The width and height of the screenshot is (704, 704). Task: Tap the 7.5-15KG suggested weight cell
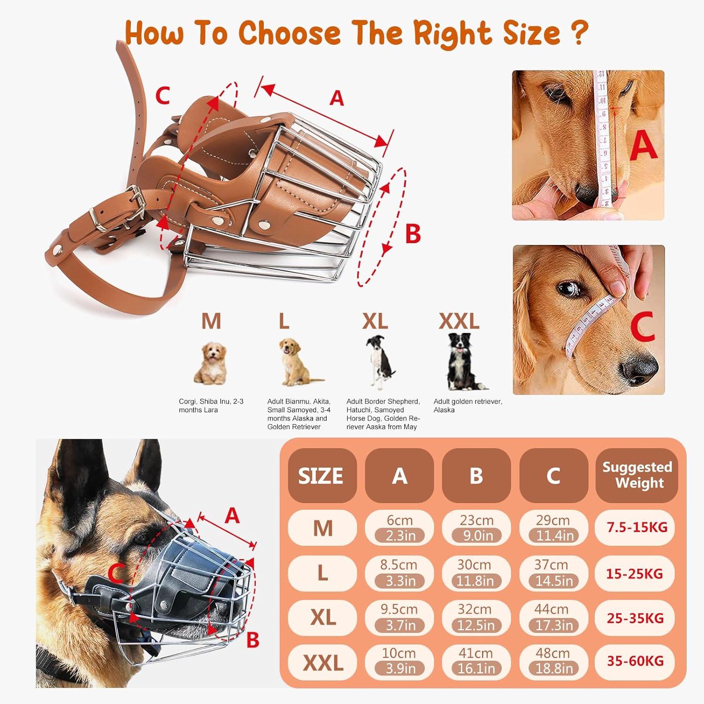[637, 527]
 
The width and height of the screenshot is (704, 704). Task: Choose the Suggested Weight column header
[637, 475]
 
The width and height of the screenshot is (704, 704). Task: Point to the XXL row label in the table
[323, 663]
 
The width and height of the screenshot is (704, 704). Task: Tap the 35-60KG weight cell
[635, 661]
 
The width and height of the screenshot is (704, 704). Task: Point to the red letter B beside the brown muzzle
[413, 233]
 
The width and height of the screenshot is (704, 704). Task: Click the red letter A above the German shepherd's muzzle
[232, 516]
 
